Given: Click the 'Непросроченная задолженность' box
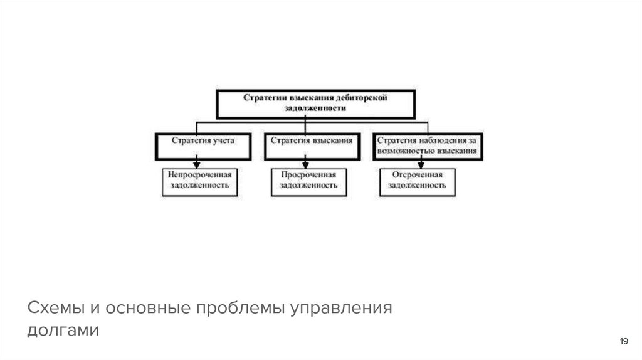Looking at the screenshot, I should [x=199, y=181].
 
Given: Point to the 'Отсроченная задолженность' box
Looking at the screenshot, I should [x=417, y=181].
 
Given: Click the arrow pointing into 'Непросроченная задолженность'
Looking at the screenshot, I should [x=197, y=164].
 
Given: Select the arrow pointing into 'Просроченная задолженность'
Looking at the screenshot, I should [x=305, y=164].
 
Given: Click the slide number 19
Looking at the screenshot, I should [x=623, y=341].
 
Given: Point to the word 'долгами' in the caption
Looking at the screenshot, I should [x=63, y=330].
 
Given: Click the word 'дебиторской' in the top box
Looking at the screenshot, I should [x=363, y=98].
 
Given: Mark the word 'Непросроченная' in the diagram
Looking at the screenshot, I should [x=199, y=175].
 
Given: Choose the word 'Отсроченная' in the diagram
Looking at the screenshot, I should [x=417, y=175].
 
